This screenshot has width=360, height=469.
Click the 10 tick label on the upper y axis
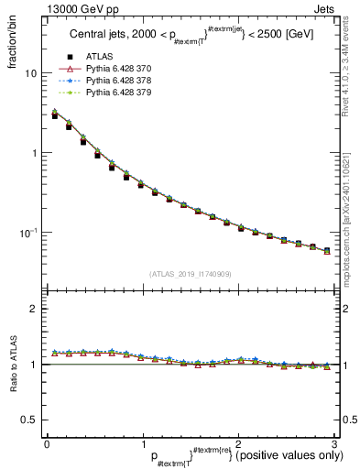[30, 73]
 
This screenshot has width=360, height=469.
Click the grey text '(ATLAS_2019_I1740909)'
[190, 273]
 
